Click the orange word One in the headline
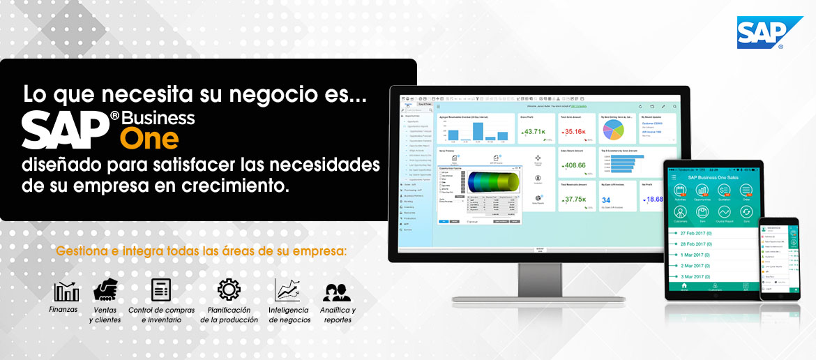(x=149, y=138)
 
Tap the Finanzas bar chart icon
(x=66, y=291)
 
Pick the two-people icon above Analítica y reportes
(x=337, y=292)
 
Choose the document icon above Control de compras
(x=161, y=290)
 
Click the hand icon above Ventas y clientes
(x=105, y=290)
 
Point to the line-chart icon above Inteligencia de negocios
(x=287, y=290)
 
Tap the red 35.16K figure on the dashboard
(x=575, y=132)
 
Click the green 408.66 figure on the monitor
(x=576, y=165)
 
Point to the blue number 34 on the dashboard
(x=605, y=200)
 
